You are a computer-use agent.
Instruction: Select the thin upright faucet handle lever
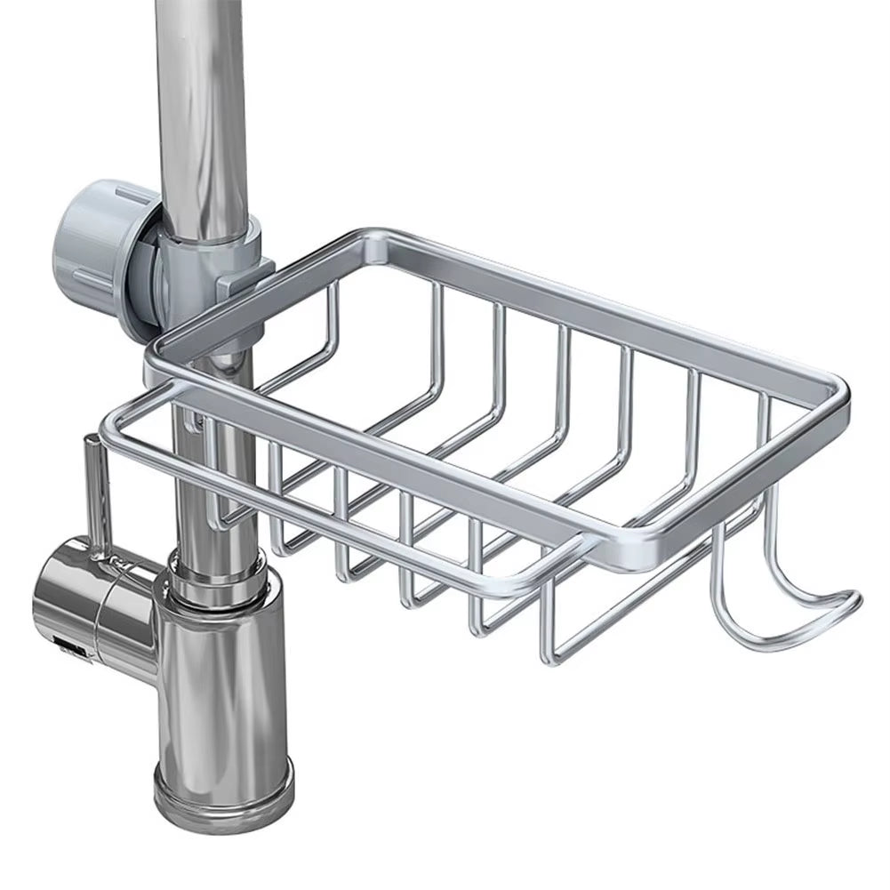[92, 498]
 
